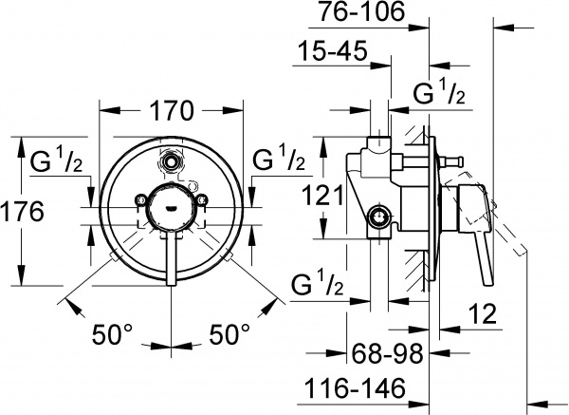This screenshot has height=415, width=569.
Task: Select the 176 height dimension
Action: [x=22, y=211]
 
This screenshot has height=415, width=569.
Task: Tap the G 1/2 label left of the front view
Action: [x=60, y=160]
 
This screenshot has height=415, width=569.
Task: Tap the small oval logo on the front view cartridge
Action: [x=171, y=201]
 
